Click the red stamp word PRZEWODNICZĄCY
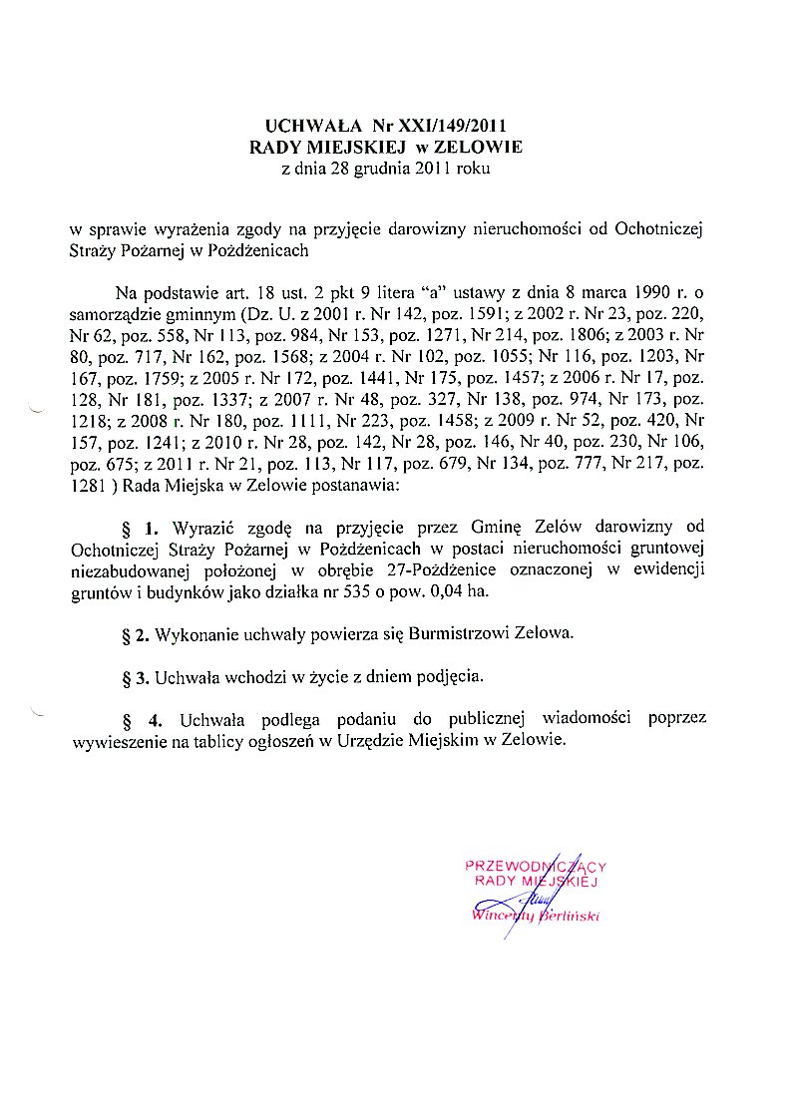pyautogui.click(x=536, y=866)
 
